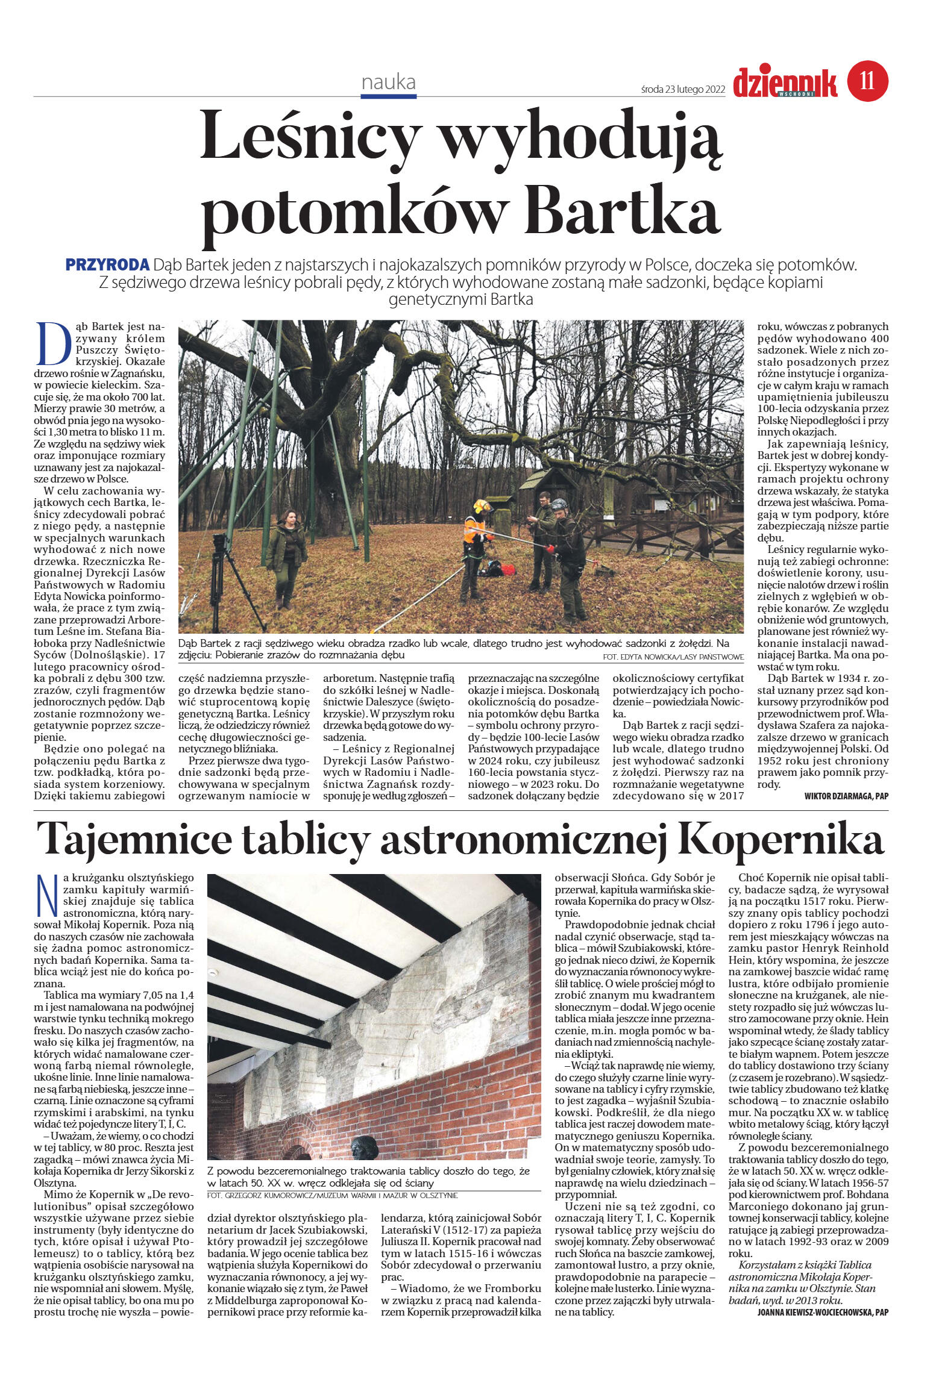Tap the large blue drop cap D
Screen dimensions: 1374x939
click(x=51, y=344)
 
